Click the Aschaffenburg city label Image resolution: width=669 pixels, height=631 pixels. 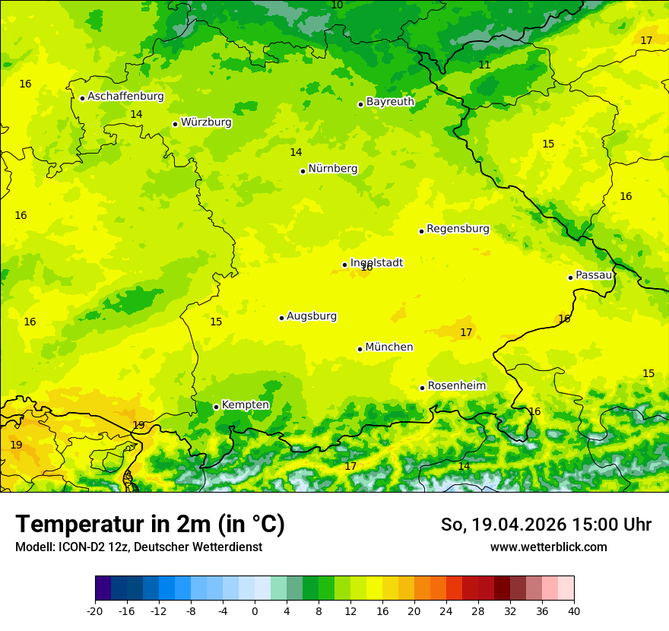pos(125,97)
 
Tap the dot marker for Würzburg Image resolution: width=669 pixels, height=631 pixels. pos(175,124)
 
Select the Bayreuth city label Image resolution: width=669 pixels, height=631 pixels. pos(390,102)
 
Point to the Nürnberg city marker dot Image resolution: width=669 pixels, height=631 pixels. pos(303,171)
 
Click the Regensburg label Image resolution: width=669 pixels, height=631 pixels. pos(458,229)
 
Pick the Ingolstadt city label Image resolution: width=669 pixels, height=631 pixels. pos(376,262)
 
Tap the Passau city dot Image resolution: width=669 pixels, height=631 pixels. pos(570,277)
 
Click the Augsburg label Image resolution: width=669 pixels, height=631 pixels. pos(312,316)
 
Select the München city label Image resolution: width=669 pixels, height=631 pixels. pos(389,347)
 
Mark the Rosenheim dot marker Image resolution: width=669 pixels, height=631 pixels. pos(422,388)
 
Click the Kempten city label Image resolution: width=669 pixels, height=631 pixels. pos(245,405)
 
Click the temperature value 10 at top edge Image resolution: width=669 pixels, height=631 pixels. pos(337,5)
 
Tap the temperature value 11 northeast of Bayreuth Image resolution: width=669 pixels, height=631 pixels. pos(484,65)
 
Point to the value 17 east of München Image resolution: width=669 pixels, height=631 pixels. pos(466,332)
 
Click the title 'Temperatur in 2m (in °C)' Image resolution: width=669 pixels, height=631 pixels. pos(150,525)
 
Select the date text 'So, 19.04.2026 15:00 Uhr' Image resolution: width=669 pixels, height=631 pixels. pos(546,525)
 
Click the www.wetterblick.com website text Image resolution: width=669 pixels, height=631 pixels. pos(548,547)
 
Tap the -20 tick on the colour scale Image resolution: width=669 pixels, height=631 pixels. pos(95,610)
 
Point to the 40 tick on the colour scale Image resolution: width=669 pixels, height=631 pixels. pos(574,610)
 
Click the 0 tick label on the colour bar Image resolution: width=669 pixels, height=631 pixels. pos(255,610)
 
